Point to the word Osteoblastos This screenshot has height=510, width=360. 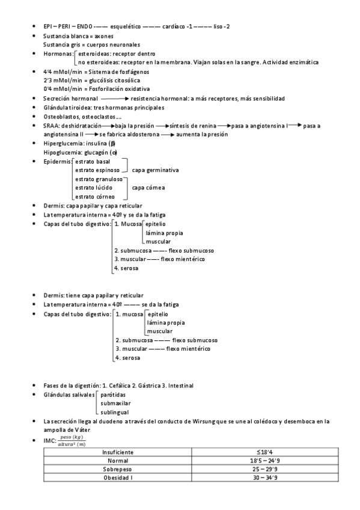point(62,116)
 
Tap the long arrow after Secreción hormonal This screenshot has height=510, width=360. point(115,98)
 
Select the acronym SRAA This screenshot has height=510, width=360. point(52,125)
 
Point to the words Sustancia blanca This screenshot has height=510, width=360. point(66,36)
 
